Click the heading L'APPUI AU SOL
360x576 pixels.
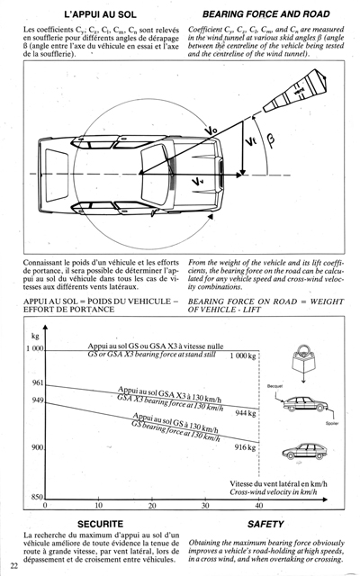coord(94,15)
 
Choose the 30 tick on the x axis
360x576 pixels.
coord(205,506)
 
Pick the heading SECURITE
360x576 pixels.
coord(100,523)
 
